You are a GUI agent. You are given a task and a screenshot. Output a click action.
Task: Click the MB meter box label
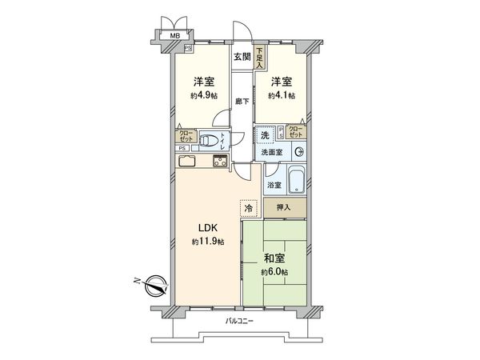coord(174,36)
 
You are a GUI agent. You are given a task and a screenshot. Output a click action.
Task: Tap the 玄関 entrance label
coord(242,56)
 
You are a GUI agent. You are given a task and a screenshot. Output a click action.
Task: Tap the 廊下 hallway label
coord(242,102)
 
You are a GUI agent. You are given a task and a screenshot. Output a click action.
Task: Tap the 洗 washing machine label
coord(265,136)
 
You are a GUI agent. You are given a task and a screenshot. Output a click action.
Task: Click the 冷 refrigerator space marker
coord(249,208)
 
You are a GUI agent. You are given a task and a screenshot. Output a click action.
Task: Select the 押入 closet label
coord(283,207)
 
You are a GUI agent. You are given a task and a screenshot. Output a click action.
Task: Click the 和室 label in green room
coord(274,258)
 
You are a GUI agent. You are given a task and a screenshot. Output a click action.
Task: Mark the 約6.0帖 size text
coord(274,273)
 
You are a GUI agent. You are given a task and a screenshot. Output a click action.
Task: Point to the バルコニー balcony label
coord(239,321)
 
